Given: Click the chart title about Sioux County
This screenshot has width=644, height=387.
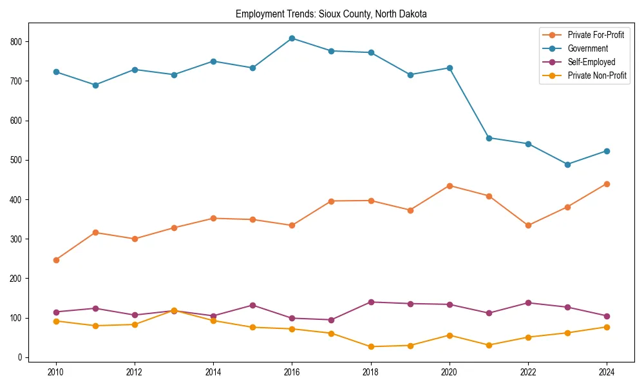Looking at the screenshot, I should click(x=331, y=14).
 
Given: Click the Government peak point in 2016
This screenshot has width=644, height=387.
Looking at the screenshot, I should click(x=292, y=38).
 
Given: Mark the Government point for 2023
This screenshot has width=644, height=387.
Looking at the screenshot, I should click(x=567, y=164).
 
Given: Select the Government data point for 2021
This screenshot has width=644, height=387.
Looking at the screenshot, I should click(x=489, y=138).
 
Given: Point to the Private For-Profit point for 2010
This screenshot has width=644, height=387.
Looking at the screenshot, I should click(x=56, y=260).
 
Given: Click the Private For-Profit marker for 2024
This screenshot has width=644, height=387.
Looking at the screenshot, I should click(x=607, y=184).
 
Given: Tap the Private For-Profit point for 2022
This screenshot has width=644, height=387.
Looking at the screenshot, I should click(x=528, y=225).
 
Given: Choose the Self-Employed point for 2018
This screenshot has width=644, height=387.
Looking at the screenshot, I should click(x=371, y=302).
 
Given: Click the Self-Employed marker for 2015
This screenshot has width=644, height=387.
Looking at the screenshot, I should click(x=252, y=305).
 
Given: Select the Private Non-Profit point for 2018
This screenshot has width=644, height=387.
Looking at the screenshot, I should click(x=371, y=346).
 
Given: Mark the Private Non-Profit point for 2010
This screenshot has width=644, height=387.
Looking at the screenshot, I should click(x=56, y=321).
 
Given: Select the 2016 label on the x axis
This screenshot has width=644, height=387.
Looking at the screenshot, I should click(x=292, y=372).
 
